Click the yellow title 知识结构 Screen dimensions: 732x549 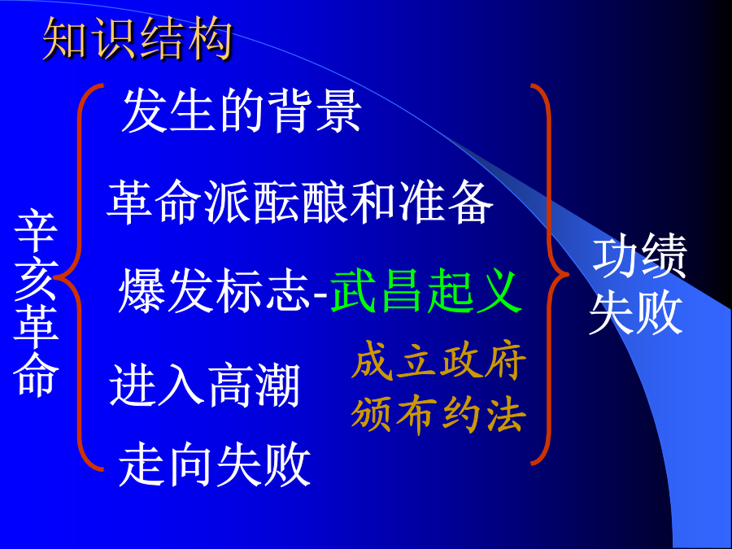(137, 39)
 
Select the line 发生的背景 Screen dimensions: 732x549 (242, 111)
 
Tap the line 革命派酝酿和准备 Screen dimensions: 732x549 (299, 202)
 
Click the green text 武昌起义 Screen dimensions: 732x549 (425, 291)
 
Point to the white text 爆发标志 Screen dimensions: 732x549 (214, 291)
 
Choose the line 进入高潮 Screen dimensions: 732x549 (204, 386)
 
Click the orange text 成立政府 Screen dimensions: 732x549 (439, 360)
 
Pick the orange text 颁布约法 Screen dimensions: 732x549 (439, 415)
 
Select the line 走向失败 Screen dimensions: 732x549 (215, 464)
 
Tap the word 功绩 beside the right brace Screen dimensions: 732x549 (639, 257)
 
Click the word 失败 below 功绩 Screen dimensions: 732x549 (636, 312)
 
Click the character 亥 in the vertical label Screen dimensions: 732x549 (36, 279)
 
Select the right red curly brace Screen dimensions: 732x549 (550, 276)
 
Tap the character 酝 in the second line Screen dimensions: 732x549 (276, 202)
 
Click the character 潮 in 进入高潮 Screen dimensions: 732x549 (277, 386)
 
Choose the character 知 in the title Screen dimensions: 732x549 (65, 39)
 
